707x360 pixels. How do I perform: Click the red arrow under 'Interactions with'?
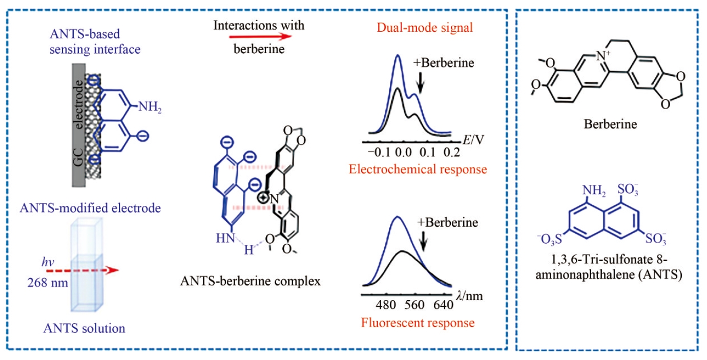(260, 36)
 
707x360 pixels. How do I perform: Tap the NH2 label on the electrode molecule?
(150, 107)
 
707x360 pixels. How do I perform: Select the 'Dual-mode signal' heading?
(425, 28)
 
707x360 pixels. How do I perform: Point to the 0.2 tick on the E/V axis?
(452, 153)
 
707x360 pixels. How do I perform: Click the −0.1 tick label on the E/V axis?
(379, 153)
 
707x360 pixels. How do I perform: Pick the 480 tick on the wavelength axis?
(386, 305)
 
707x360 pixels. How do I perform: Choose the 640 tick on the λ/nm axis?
(443, 305)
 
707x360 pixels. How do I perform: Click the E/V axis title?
(473, 139)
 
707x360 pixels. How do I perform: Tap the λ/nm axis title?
(469, 295)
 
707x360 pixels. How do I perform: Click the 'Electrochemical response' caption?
(418, 169)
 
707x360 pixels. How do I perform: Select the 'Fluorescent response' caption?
(418, 323)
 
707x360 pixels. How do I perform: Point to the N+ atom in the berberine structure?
(603, 56)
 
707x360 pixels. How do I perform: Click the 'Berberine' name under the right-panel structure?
(610, 124)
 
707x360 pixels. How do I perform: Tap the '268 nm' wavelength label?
(48, 283)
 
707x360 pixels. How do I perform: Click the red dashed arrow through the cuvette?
(82, 270)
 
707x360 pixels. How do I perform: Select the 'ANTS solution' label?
(84, 328)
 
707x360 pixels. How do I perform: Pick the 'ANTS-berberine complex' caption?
(251, 281)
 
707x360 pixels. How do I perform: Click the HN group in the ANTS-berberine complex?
(225, 238)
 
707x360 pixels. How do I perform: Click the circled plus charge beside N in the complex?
(263, 198)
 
